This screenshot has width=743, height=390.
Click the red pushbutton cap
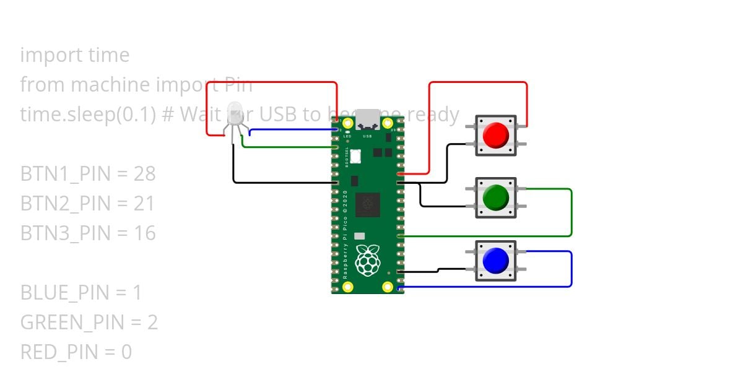coord(495,136)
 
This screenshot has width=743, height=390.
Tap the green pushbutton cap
coord(495,197)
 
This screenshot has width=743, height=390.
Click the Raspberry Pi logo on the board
coord(368,260)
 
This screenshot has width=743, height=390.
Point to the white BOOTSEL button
coord(356,157)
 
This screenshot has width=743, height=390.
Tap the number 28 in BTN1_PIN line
coord(144,174)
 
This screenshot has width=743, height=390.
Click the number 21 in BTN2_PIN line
coord(144,204)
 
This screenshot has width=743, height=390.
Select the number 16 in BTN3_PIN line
coord(144,233)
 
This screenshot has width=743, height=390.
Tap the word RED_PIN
coord(59,352)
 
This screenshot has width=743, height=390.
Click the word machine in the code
coord(108,85)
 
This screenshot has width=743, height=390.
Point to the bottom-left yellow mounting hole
coord(347,287)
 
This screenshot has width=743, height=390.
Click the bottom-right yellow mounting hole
coord(388,287)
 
